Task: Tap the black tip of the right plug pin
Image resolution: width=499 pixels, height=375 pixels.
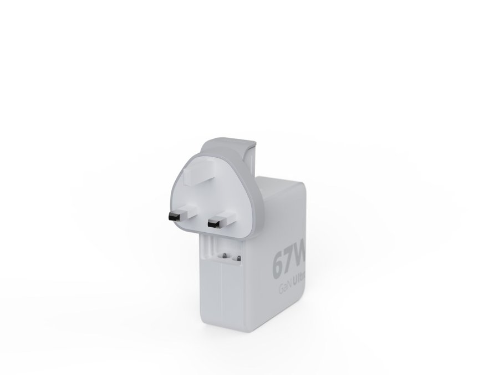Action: pos(211,225)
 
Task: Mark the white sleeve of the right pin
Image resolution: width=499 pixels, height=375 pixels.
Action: pos(224,220)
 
